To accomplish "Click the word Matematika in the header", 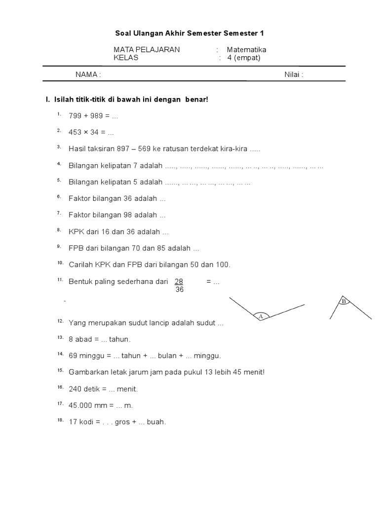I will coord(246,49).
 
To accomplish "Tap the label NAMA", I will coord(87,74).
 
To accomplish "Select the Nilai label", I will coord(293,74).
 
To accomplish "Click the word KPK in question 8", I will coord(76,232).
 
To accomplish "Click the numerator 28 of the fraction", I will coord(179,282).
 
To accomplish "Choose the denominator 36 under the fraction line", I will coord(179,290).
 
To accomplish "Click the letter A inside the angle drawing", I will coord(261,317).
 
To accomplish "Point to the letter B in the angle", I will coord(343,301).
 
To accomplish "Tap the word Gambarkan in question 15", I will coord(87,372).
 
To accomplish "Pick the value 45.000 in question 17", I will coord(80,405).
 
